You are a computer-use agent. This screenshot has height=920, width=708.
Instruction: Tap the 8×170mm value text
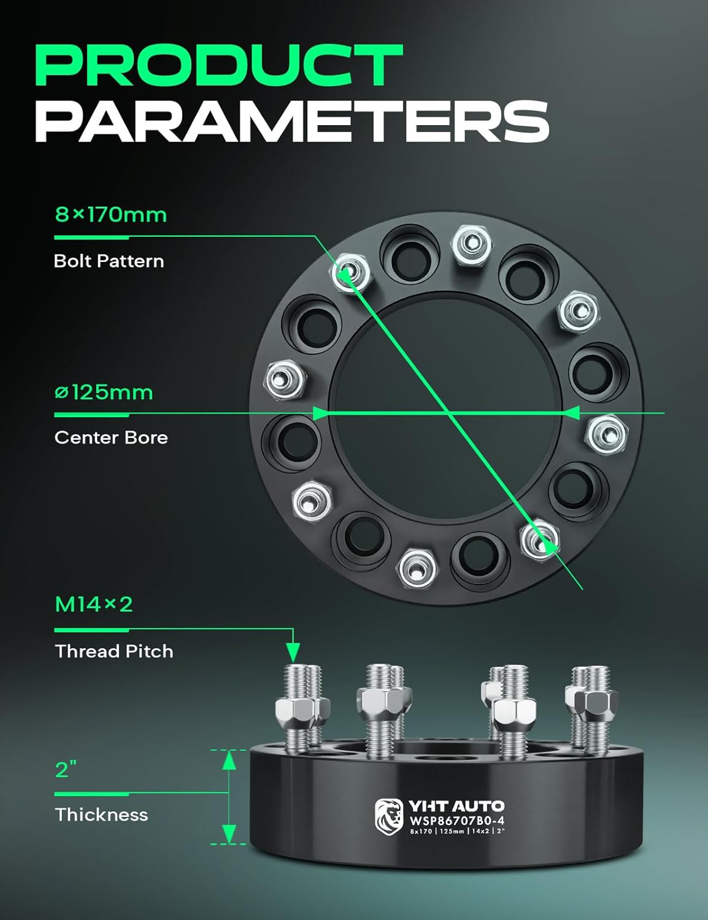click(110, 215)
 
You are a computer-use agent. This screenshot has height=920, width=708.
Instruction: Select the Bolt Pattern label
click(109, 261)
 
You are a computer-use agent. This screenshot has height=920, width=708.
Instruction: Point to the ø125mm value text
click(104, 392)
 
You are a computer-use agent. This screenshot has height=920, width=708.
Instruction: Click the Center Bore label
click(111, 437)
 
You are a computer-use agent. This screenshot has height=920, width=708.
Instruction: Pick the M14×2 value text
click(94, 604)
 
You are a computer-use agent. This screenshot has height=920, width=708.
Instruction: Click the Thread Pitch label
click(114, 651)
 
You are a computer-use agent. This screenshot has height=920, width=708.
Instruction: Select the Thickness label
click(101, 815)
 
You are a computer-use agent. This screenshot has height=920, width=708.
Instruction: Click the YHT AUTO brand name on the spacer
click(456, 806)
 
